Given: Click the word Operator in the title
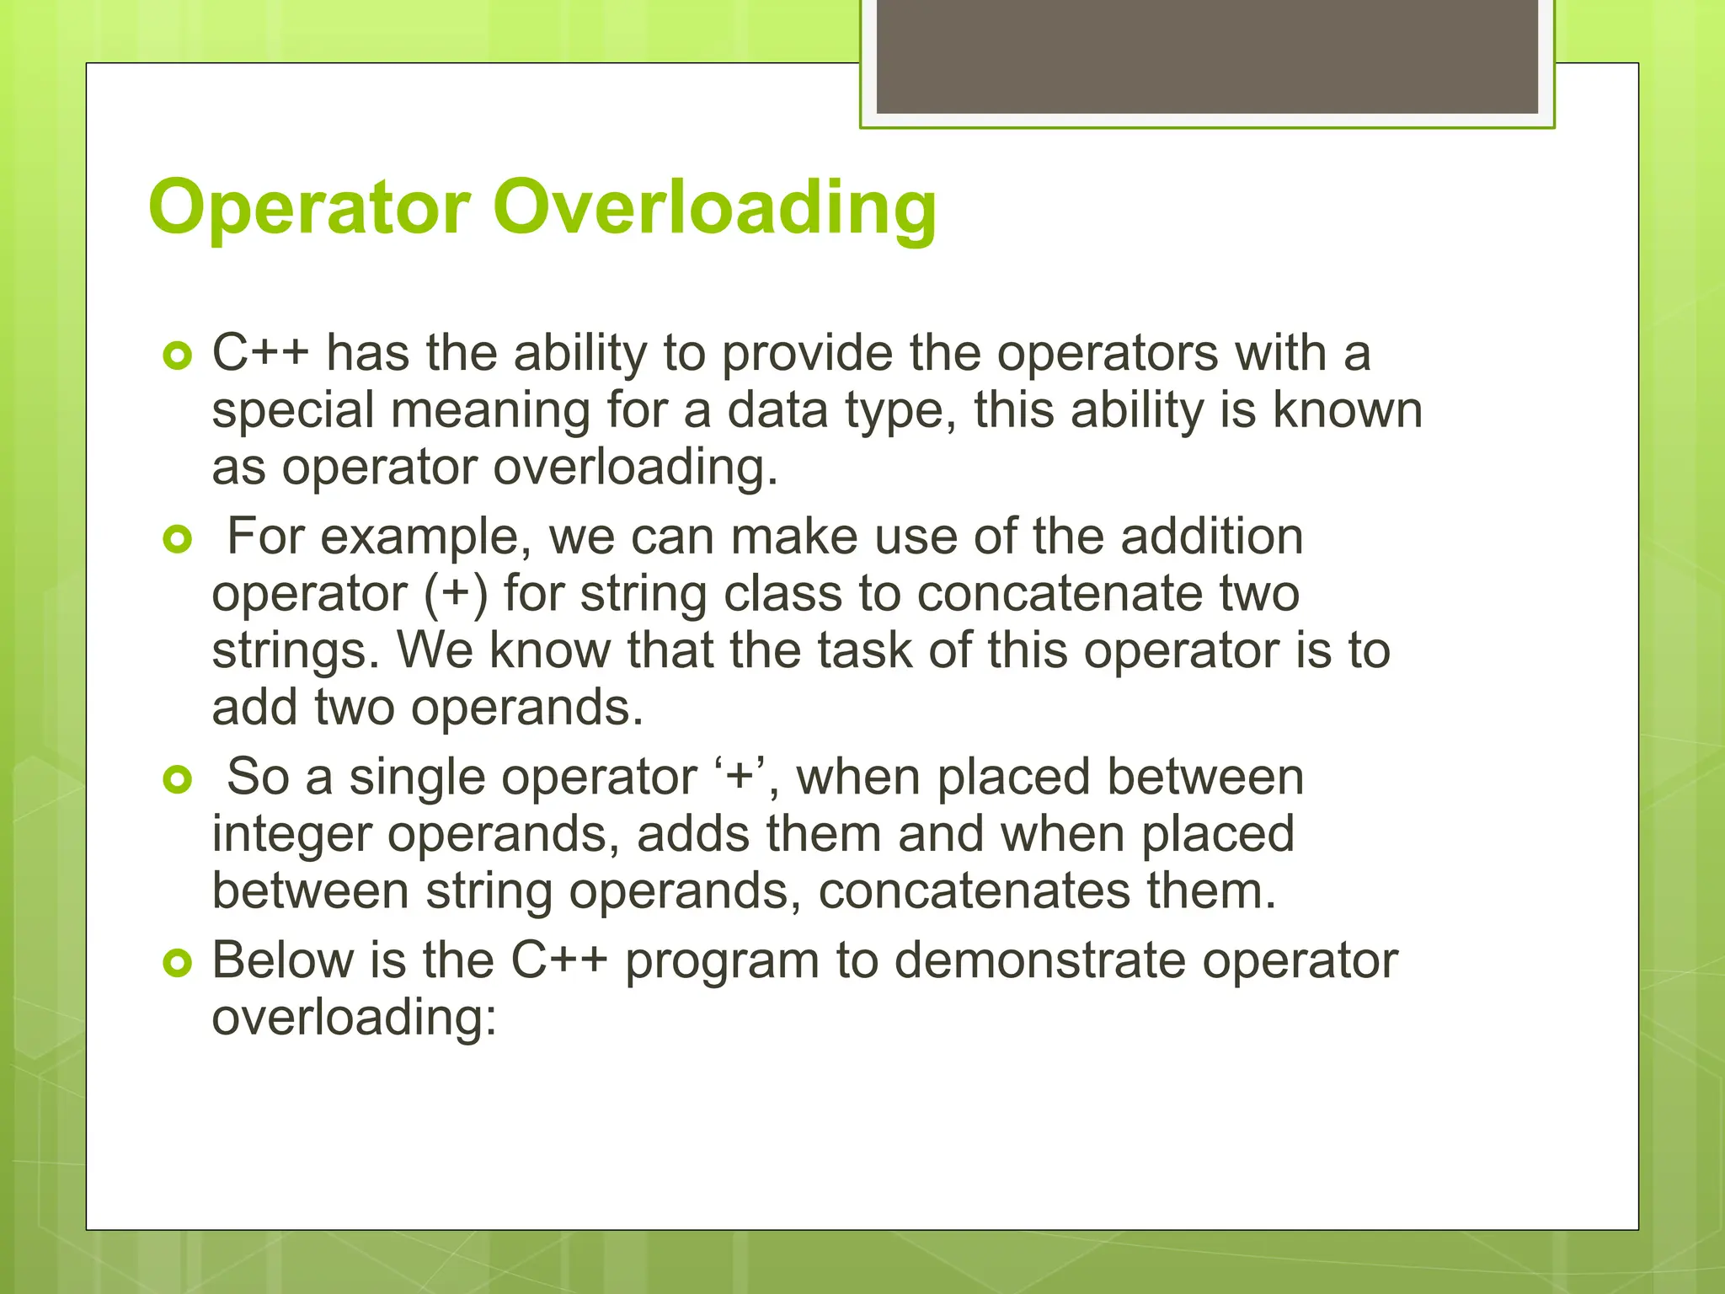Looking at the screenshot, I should tap(309, 207).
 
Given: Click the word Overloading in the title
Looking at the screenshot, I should tap(714, 207).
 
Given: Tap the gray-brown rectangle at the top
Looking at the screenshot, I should tap(1206, 56).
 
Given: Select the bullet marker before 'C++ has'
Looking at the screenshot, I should tap(178, 356).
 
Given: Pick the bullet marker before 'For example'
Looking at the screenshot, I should tap(178, 539).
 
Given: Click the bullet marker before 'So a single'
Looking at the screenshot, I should tap(178, 780).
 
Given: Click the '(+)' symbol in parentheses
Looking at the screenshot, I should tap(455, 594).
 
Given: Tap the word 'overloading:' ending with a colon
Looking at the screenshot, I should tap(355, 1018).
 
